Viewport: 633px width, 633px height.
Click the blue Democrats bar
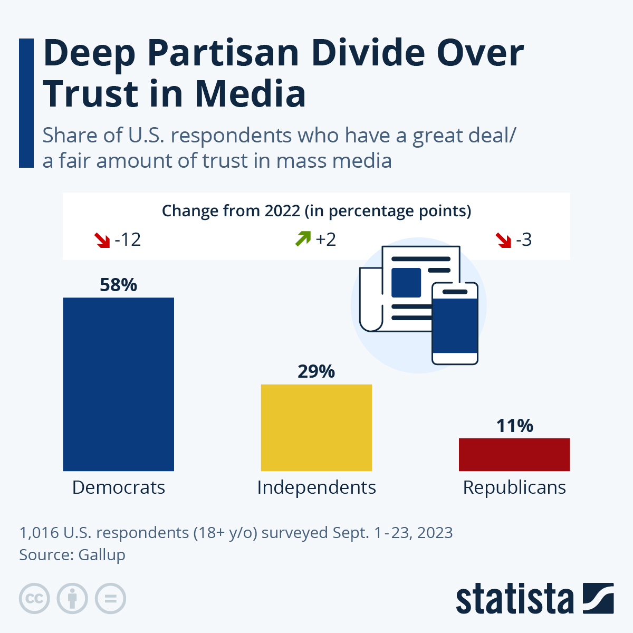tap(118, 384)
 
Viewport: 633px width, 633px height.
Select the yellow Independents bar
tap(316, 427)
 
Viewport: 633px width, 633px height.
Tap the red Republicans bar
tap(514, 454)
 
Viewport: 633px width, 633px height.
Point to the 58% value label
tap(118, 285)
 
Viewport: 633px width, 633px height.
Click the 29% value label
tap(316, 371)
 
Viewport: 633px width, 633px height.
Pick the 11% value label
tap(514, 426)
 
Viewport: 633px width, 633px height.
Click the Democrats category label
tap(118, 487)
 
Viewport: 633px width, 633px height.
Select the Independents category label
tap(316, 487)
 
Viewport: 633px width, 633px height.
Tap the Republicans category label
tap(514, 487)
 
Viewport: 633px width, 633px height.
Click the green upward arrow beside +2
tap(303, 239)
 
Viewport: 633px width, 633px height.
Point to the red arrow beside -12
tap(101, 241)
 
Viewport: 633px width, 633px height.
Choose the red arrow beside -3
tap(504, 241)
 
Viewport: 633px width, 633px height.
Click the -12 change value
tap(128, 240)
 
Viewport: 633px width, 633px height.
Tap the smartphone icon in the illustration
tap(455, 323)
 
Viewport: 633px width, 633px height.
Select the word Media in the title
tap(251, 94)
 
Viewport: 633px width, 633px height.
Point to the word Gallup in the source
tap(102, 555)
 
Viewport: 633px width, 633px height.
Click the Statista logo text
tap(515, 599)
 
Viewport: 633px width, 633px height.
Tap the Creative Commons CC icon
tap(34, 599)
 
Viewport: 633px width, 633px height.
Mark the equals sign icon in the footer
tap(110, 599)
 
